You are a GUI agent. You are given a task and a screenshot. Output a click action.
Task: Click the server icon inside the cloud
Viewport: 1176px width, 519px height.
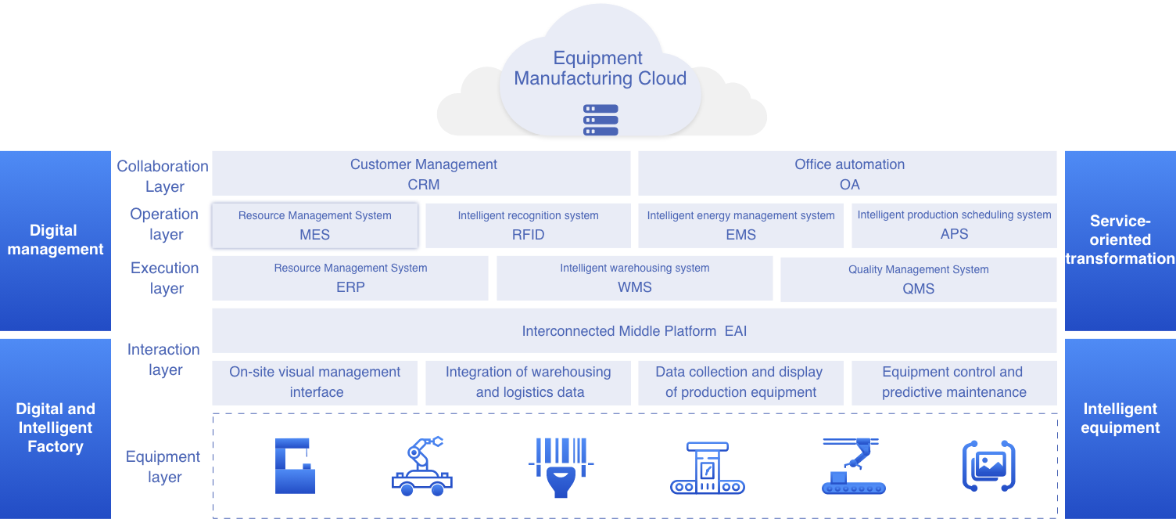click(x=601, y=121)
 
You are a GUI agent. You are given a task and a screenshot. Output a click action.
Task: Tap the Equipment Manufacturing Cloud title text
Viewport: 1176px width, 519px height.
click(x=600, y=69)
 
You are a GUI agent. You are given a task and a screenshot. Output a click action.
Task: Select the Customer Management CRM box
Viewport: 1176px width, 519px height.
click(x=421, y=174)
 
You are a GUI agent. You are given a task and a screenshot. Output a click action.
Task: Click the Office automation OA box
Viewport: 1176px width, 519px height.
click(x=848, y=174)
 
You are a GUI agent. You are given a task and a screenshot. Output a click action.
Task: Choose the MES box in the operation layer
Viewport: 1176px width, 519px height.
click(x=314, y=225)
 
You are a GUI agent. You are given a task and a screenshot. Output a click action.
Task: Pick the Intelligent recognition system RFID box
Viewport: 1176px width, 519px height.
click(x=528, y=225)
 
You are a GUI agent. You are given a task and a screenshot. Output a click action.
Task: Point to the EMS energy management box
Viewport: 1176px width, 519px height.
click(x=740, y=225)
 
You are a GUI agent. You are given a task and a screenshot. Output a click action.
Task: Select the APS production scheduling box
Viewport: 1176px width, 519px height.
click(x=954, y=225)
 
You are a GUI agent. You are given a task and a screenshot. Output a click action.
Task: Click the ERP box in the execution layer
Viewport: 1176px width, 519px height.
click(x=350, y=278)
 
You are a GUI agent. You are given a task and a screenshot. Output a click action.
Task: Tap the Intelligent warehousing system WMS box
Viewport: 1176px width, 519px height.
click(x=634, y=278)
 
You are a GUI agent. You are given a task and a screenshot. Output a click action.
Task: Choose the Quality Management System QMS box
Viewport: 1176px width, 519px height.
click(x=918, y=279)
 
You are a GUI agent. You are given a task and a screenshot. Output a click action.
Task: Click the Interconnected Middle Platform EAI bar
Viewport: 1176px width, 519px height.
click(x=634, y=330)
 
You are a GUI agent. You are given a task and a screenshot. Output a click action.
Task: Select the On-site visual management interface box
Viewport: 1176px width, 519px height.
click(x=315, y=382)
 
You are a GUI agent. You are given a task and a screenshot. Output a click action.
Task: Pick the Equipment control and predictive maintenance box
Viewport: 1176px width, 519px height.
click(x=953, y=382)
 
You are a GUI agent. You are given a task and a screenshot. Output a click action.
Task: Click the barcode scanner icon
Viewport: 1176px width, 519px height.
click(x=559, y=467)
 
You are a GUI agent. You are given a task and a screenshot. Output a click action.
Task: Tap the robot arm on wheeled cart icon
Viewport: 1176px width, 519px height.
click(x=421, y=467)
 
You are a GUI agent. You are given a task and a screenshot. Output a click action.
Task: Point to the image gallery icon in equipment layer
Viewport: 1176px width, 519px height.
click(x=988, y=467)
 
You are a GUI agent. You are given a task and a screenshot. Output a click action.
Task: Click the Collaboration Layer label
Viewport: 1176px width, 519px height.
click(x=163, y=176)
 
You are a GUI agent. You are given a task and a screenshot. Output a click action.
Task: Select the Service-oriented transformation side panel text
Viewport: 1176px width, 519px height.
click(x=1120, y=240)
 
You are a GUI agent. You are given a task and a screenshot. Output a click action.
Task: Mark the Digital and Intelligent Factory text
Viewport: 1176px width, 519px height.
click(x=56, y=427)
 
